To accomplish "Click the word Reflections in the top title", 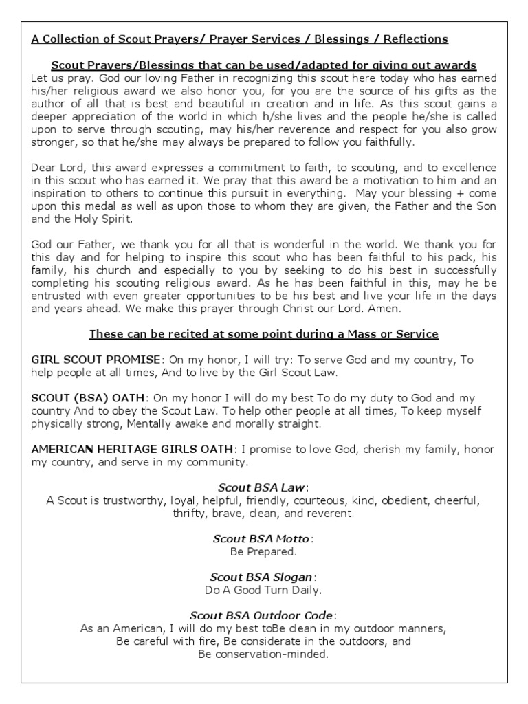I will coord(415,38).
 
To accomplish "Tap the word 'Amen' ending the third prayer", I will coord(356,309).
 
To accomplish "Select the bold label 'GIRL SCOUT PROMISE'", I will coord(96,360).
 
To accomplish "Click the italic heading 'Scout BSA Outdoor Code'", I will coord(262,615).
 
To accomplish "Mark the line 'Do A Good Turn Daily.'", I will coord(263,590).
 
